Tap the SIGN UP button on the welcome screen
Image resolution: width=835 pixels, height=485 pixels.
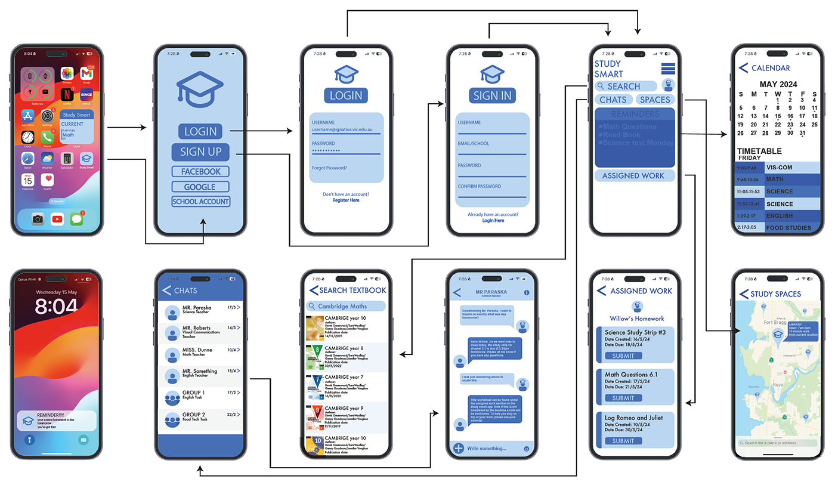point(201,152)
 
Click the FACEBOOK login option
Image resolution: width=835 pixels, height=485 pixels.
point(201,172)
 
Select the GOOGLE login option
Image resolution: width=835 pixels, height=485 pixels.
point(201,187)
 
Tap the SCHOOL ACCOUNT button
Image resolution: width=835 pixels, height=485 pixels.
point(201,202)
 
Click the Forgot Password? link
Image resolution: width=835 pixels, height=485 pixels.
point(329,168)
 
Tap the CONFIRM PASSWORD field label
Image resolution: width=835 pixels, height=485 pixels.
point(480,186)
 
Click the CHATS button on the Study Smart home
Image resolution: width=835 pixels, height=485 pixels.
point(613,100)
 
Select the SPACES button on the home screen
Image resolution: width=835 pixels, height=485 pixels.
point(655,100)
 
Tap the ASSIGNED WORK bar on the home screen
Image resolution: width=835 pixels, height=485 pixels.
point(634,176)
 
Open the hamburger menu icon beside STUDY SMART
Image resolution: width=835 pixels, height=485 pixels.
point(667,68)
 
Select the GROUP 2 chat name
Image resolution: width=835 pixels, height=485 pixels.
point(194,414)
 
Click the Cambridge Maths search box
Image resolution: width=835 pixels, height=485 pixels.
point(346,306)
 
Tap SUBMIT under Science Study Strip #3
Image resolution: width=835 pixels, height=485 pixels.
point(623,356)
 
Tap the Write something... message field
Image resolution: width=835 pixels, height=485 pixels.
point(487,448)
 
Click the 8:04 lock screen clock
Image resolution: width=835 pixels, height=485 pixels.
point(56,307)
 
